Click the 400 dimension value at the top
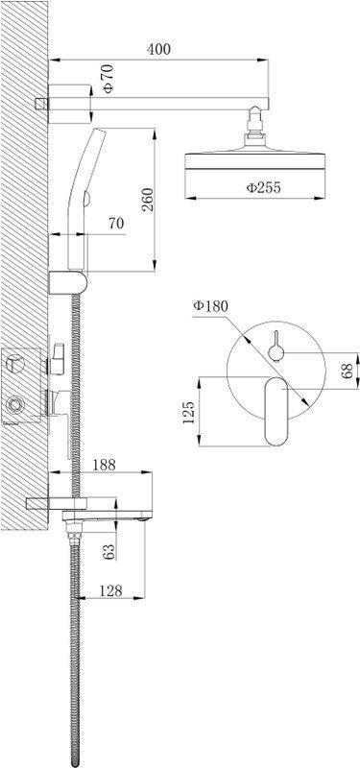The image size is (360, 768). pyautogui.click(x=158, y=49)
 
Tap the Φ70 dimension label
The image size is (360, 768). pyautogui.click(x=108, y=79)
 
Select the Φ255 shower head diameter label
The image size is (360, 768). pyautogui.click(x=263, y=187)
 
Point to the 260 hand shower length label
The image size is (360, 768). pyautogui.click(x=147, y=200)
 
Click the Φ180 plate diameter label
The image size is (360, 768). pyautogui.click(x=210, y=306)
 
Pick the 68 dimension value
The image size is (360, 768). pyautogui.click(x=348, y=371)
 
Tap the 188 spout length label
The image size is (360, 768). pyautogui.click(x=104, y=465)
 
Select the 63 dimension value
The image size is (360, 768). pyautogui.click(x=109, y=551)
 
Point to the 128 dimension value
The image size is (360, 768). pyautogui.click(x=109, y=590)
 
